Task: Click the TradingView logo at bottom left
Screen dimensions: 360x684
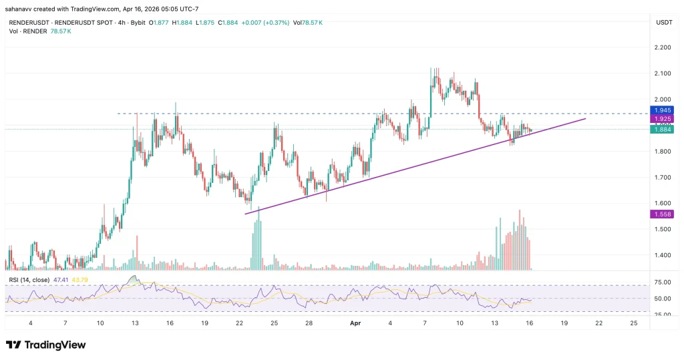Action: point(46,345)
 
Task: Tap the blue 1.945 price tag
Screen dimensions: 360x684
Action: point(663,110)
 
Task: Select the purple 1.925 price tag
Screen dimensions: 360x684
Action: point(663,119)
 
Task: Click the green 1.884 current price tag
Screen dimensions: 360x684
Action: point(663,129)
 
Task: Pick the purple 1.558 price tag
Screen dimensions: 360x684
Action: point(663,214)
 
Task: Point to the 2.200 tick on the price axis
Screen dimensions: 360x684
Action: point(663,47)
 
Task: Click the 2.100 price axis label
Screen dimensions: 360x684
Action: point(663,73)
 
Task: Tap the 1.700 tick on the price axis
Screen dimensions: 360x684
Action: point(663,178)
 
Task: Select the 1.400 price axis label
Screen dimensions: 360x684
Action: point(663,255)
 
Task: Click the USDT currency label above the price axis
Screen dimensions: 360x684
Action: point(664,22)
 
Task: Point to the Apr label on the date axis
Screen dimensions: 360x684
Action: point(355,322)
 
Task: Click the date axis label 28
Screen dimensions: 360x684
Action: point(309,322)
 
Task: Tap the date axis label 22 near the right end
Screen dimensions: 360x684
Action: point(598,322)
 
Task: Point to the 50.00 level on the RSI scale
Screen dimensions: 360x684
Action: point(663,298)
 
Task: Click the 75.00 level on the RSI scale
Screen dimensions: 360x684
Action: point(663,283)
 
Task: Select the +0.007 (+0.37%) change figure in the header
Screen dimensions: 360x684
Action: point(263,22)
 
